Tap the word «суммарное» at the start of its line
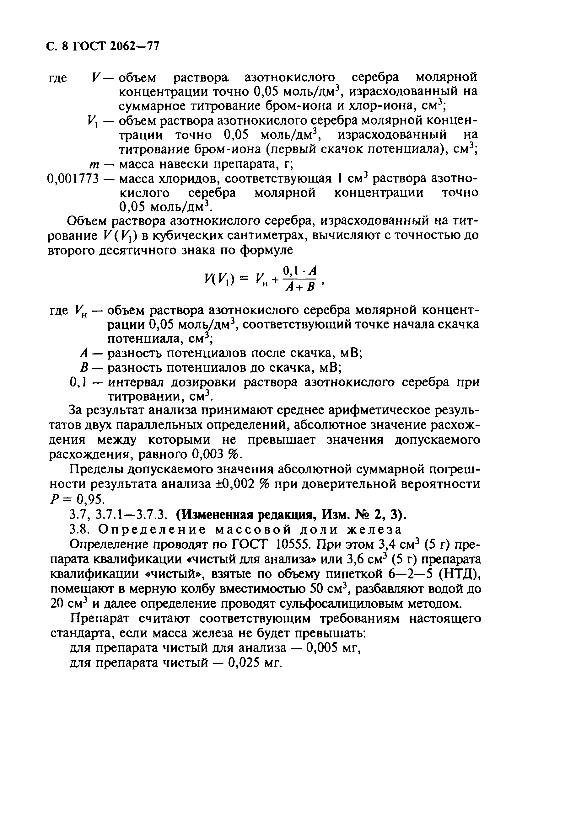coord(150,106)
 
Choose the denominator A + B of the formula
coord(299,286)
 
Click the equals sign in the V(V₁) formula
coord(244,279)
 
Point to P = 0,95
coord(76,498)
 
